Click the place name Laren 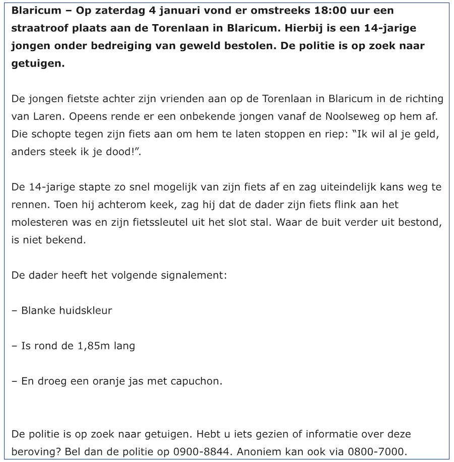pyautogui.click(x=50, y=117)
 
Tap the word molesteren pyautogui.click(x=40, y=222)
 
